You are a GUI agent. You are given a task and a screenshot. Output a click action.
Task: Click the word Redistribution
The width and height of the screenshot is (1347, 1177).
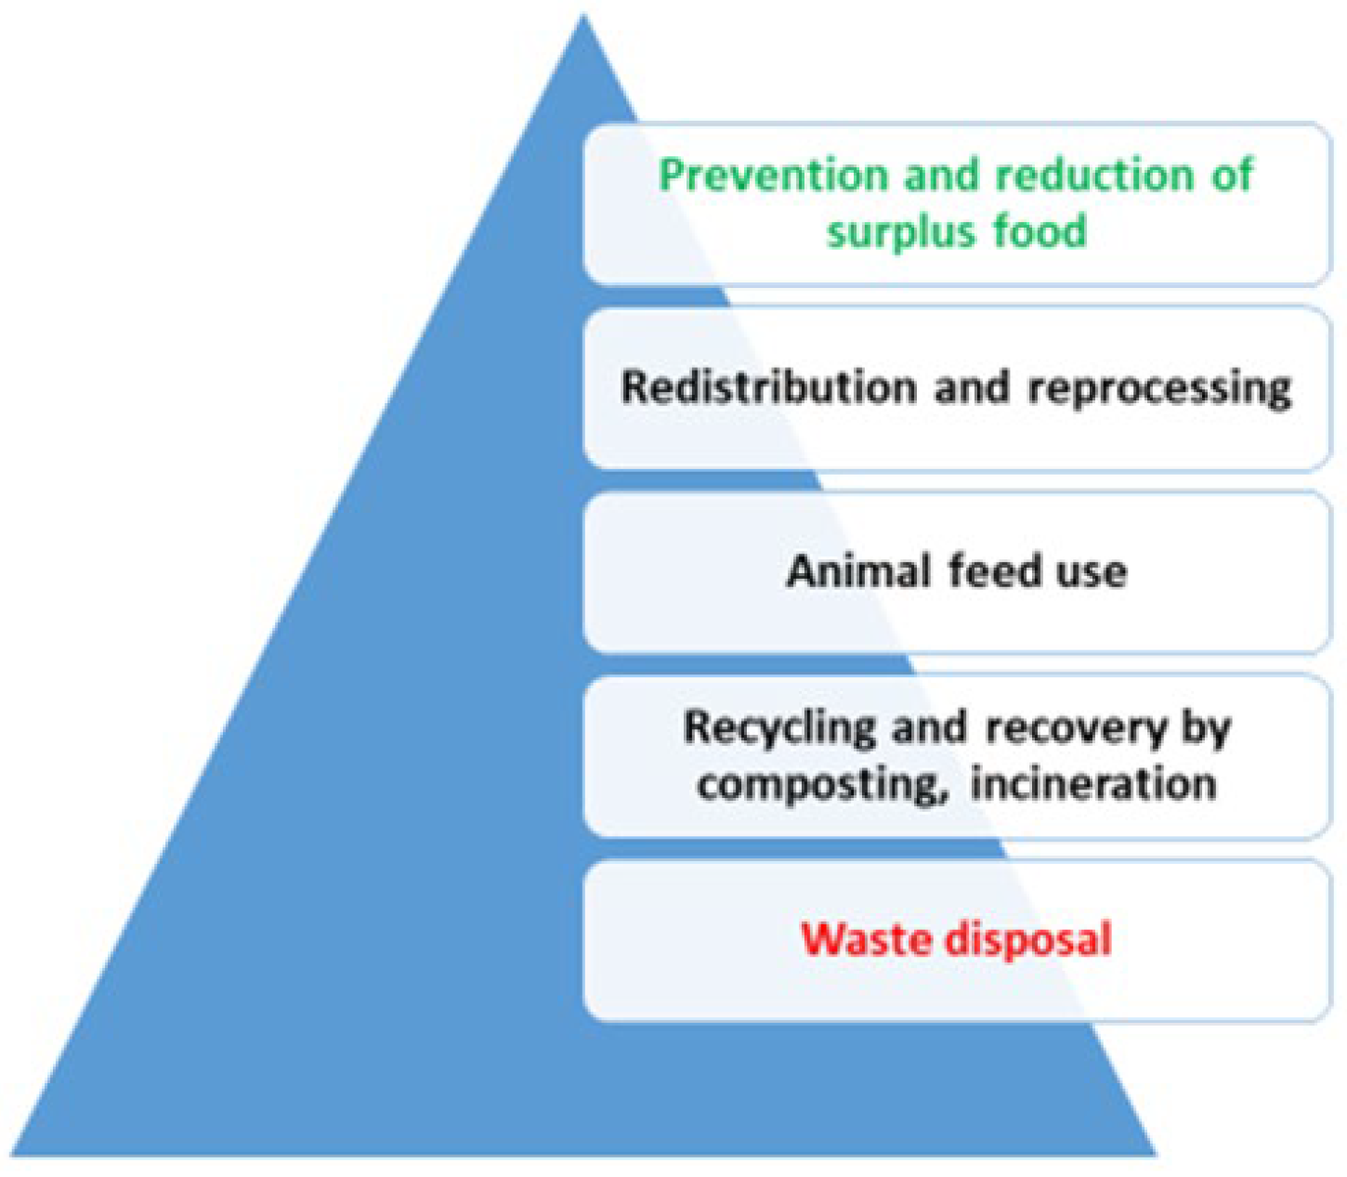click(768, 386)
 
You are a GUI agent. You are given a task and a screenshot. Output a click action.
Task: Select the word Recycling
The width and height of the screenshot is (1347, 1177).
click(779, 728)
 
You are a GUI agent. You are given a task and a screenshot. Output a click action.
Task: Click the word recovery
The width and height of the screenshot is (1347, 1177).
click(1075, 728)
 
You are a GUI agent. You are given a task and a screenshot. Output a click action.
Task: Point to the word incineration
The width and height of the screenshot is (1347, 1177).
click(1093, 784)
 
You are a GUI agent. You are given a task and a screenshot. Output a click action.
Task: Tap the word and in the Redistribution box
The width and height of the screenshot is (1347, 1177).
click(972, 386)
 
